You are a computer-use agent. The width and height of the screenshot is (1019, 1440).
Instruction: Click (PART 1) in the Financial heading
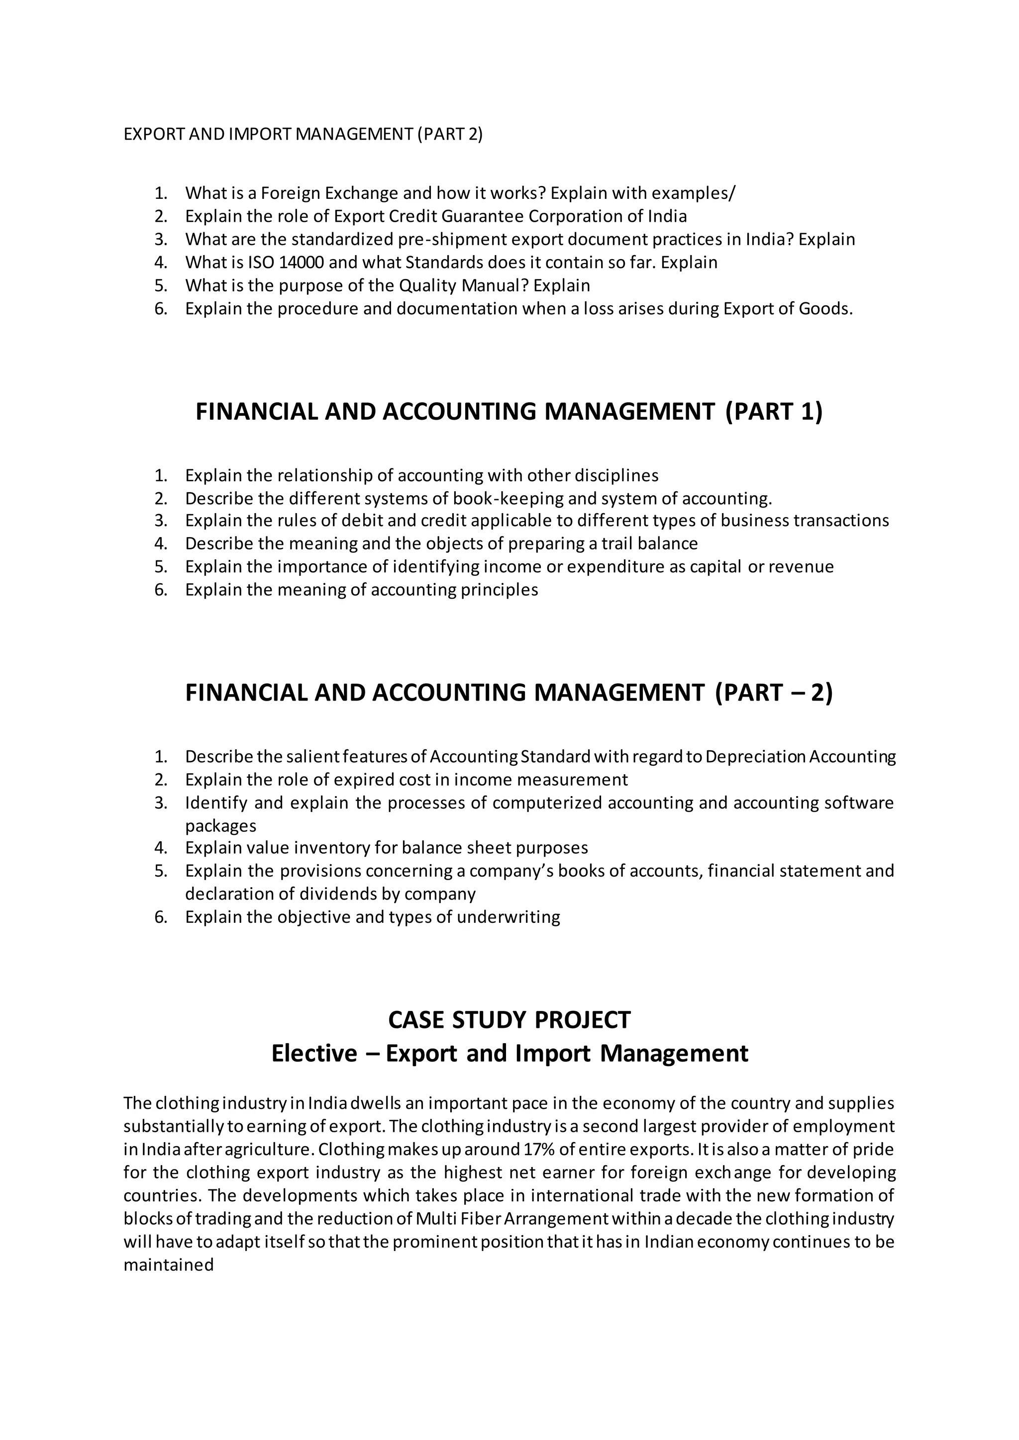pos(773,411)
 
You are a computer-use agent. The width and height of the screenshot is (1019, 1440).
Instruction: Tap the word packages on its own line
pos(220,825)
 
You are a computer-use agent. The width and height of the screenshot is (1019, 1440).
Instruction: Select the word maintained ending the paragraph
pos(168,1265)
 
